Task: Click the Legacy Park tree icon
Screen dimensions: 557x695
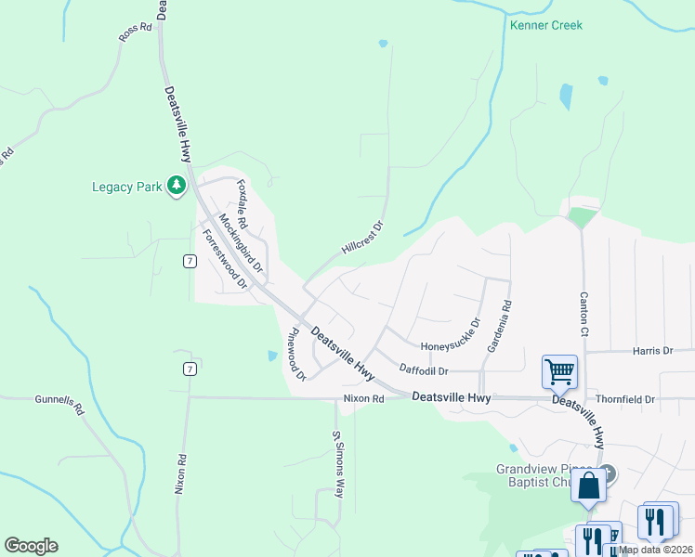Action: (176, 187)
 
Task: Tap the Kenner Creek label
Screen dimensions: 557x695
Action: (546, 25)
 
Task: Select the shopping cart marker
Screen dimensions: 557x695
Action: (560, 371)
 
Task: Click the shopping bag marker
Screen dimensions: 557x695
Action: (589, 486)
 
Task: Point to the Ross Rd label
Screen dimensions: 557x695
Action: (135, 32)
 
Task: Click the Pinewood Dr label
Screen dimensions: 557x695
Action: (296, 354)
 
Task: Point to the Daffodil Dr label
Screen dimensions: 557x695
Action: (424, 370)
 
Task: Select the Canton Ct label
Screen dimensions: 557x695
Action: (584, 315)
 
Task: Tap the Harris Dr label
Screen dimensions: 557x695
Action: (652, 351)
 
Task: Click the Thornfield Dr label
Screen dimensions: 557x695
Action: (625, 399)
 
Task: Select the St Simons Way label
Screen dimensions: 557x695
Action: (338, 463)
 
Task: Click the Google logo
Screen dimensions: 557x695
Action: (31, 546)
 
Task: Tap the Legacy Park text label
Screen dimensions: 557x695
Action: (126, 187)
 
